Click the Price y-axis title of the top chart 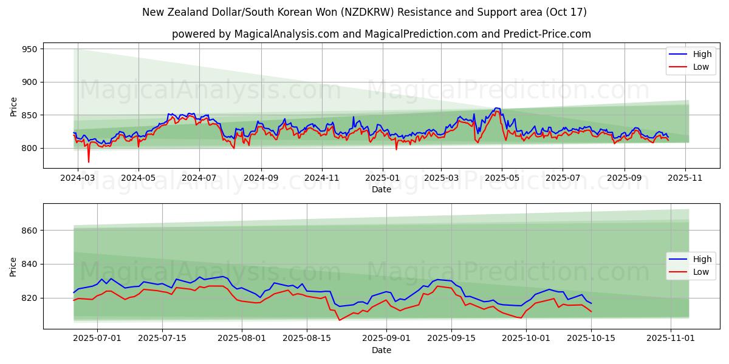(13, 107)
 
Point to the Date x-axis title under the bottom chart (382, 350)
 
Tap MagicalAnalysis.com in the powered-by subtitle (279, 34)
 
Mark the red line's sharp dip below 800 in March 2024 (89, 162)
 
